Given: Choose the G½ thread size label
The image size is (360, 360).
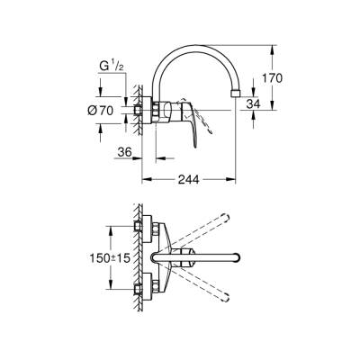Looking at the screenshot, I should point(110,66).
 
